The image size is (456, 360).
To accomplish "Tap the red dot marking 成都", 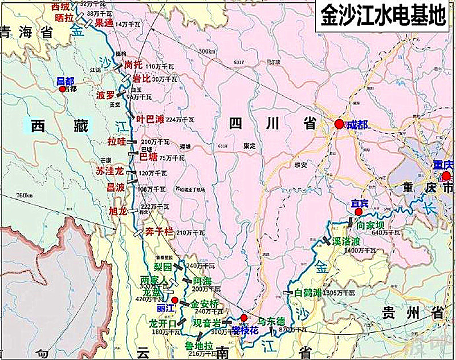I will click(339, 124).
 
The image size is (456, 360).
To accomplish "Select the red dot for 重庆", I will click(446, 176).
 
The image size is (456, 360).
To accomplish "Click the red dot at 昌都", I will click(63, 89).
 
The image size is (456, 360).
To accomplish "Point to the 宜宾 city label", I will click(357, 203).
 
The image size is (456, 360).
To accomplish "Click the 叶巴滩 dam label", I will click(150, 119).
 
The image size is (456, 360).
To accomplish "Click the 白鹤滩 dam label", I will click(308, 293).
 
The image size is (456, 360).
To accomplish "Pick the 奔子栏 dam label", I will click(158, 232).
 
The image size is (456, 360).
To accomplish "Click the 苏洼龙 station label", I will click(110, 171).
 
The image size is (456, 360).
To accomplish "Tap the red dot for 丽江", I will click(175, 300).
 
